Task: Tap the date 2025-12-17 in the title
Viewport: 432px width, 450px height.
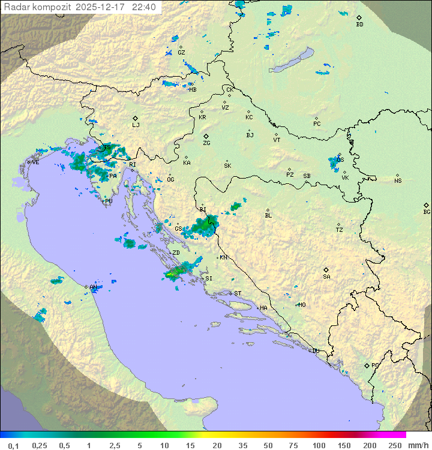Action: tap(103, 7)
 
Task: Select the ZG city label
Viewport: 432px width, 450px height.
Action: tap(206, 143)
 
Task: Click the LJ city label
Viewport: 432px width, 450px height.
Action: tap(136, 125)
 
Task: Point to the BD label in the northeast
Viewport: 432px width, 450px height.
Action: tap(359, 25)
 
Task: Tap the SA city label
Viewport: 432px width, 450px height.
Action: tap(326, 276)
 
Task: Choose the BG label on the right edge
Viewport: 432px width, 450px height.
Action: tap(427, 212)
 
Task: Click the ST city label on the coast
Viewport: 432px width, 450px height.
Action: tap(238, 294)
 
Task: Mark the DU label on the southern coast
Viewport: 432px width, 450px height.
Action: tap(316, 351)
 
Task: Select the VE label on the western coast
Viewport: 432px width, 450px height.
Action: tap(35, 162)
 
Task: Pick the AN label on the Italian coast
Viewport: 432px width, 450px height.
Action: tap(93, 288)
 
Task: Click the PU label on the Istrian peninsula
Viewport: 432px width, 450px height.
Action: tap(109, 201)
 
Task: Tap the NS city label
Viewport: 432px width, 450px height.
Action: tap(398, 181)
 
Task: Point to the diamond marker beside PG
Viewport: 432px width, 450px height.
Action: tap(367, 365)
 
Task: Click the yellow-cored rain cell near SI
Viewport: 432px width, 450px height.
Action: tap(173, 274)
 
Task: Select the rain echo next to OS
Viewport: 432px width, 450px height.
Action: tap(334, 162)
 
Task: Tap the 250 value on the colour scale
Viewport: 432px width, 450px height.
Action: tap(394, 445)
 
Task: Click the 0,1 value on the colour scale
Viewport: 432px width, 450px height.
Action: tap(13, 445)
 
